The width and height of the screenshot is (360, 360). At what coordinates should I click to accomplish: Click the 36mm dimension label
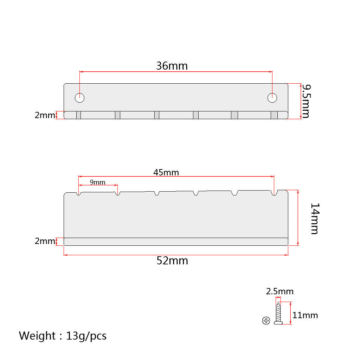(172, 66)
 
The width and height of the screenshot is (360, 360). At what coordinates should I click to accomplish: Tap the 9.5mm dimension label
(306, 101)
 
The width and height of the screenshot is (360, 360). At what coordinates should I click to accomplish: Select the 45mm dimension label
(166, 172)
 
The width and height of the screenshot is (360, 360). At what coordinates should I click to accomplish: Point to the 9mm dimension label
(98, 182)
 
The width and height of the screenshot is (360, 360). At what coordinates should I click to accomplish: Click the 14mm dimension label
(315, 219)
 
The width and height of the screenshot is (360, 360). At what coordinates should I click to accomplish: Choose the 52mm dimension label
(172, 261)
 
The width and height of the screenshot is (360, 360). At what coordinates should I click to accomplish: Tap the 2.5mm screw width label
(279, 291)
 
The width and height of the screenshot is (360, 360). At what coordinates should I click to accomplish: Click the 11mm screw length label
(305, 315)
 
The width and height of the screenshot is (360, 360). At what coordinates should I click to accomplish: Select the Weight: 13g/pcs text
(63, 336)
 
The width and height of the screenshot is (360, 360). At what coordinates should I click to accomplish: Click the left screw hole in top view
(80, 98)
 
